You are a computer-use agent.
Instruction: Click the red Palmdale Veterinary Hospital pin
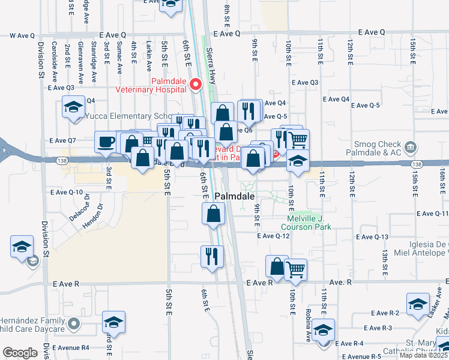[195, 85]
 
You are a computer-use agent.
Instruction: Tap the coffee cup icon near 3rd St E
[106, 142]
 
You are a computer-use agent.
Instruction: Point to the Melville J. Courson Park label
[306, 223]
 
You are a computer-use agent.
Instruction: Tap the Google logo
[20, 353]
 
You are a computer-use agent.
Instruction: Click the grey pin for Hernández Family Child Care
[74, 325]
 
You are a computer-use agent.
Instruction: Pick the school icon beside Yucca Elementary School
[74, 108]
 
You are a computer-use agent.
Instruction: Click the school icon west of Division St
[22, 247]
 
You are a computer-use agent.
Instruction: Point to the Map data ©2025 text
[424, 355]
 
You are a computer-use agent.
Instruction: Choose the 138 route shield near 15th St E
[417, 164]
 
